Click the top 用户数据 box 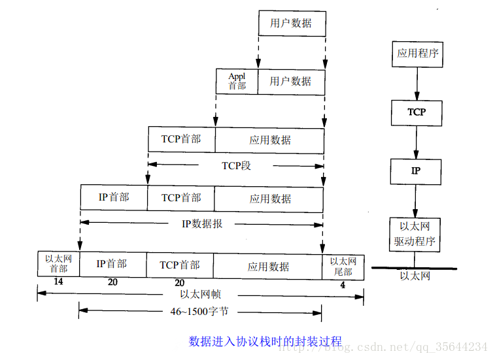[291, 24]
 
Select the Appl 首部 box [237, 81]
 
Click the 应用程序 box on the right [417, 54]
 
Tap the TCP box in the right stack [417, 112]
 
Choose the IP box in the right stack [416, 171]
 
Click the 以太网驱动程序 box [415, 235]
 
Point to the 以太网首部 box [58, 263]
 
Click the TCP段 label [236, 165]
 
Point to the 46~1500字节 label [199, 312]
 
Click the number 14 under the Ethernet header [58, 282]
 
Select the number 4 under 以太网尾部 [343, 286]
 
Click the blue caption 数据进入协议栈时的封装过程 [265, 341]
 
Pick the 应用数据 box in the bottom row [268, 266]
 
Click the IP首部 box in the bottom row [112, 264]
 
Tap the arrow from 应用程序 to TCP [417, 84]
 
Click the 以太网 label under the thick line [415, 276]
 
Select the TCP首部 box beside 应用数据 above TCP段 [181, 140]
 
